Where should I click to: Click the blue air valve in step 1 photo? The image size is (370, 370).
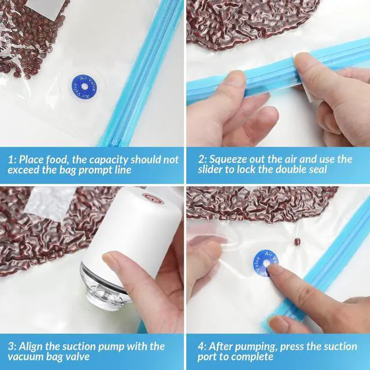click(x=84, y=87)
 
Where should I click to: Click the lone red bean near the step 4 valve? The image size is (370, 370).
click(x=297, y=242)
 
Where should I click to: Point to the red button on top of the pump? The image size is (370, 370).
click(x=153, y=198)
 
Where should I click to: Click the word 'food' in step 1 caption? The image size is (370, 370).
click(x=57, y=160)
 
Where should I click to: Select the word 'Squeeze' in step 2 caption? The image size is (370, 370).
click(x=225, y=160)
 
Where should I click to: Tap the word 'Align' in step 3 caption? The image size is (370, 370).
click(x=31, y=346)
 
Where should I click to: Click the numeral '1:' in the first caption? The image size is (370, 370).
click(x=12, y=160)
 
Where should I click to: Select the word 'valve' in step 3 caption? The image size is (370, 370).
click(x=77, y=356)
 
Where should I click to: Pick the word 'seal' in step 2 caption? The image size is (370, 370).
click(x=317, y=169)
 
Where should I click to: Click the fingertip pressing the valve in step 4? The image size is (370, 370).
click(x=271, y=268)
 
